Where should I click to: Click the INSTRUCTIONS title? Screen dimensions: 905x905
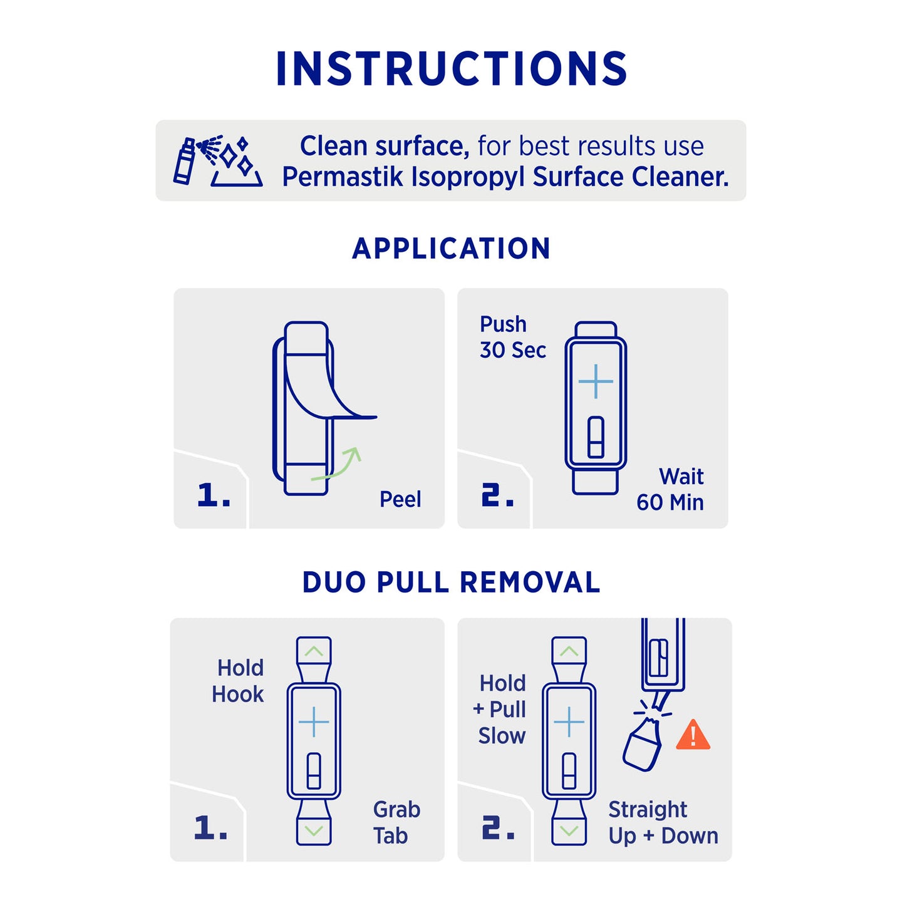point(452,68)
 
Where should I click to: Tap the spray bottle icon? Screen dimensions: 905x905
point(184,161)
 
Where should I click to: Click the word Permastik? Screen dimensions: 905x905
point(343,177)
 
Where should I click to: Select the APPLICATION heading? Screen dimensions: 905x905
point(451,249)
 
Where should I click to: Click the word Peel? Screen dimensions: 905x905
point(400,499)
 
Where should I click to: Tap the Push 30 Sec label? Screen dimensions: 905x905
point(512,337)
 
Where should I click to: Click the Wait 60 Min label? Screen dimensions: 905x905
point(670,489)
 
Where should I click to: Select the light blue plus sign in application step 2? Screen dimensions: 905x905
point(596,381)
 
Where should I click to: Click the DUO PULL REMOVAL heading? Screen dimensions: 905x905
point(452,582)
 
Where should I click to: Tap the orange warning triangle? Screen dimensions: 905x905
point(693,735)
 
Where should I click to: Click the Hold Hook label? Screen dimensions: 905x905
point(237,681)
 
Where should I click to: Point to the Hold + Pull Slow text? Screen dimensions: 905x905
point(500,709)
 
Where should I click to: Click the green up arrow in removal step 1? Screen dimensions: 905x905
point(314,651)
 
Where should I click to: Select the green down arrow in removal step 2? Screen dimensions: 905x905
point(569,831)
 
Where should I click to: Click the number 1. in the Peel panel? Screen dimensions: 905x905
point(214,495)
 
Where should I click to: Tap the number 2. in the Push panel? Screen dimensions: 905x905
point(497,495)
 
